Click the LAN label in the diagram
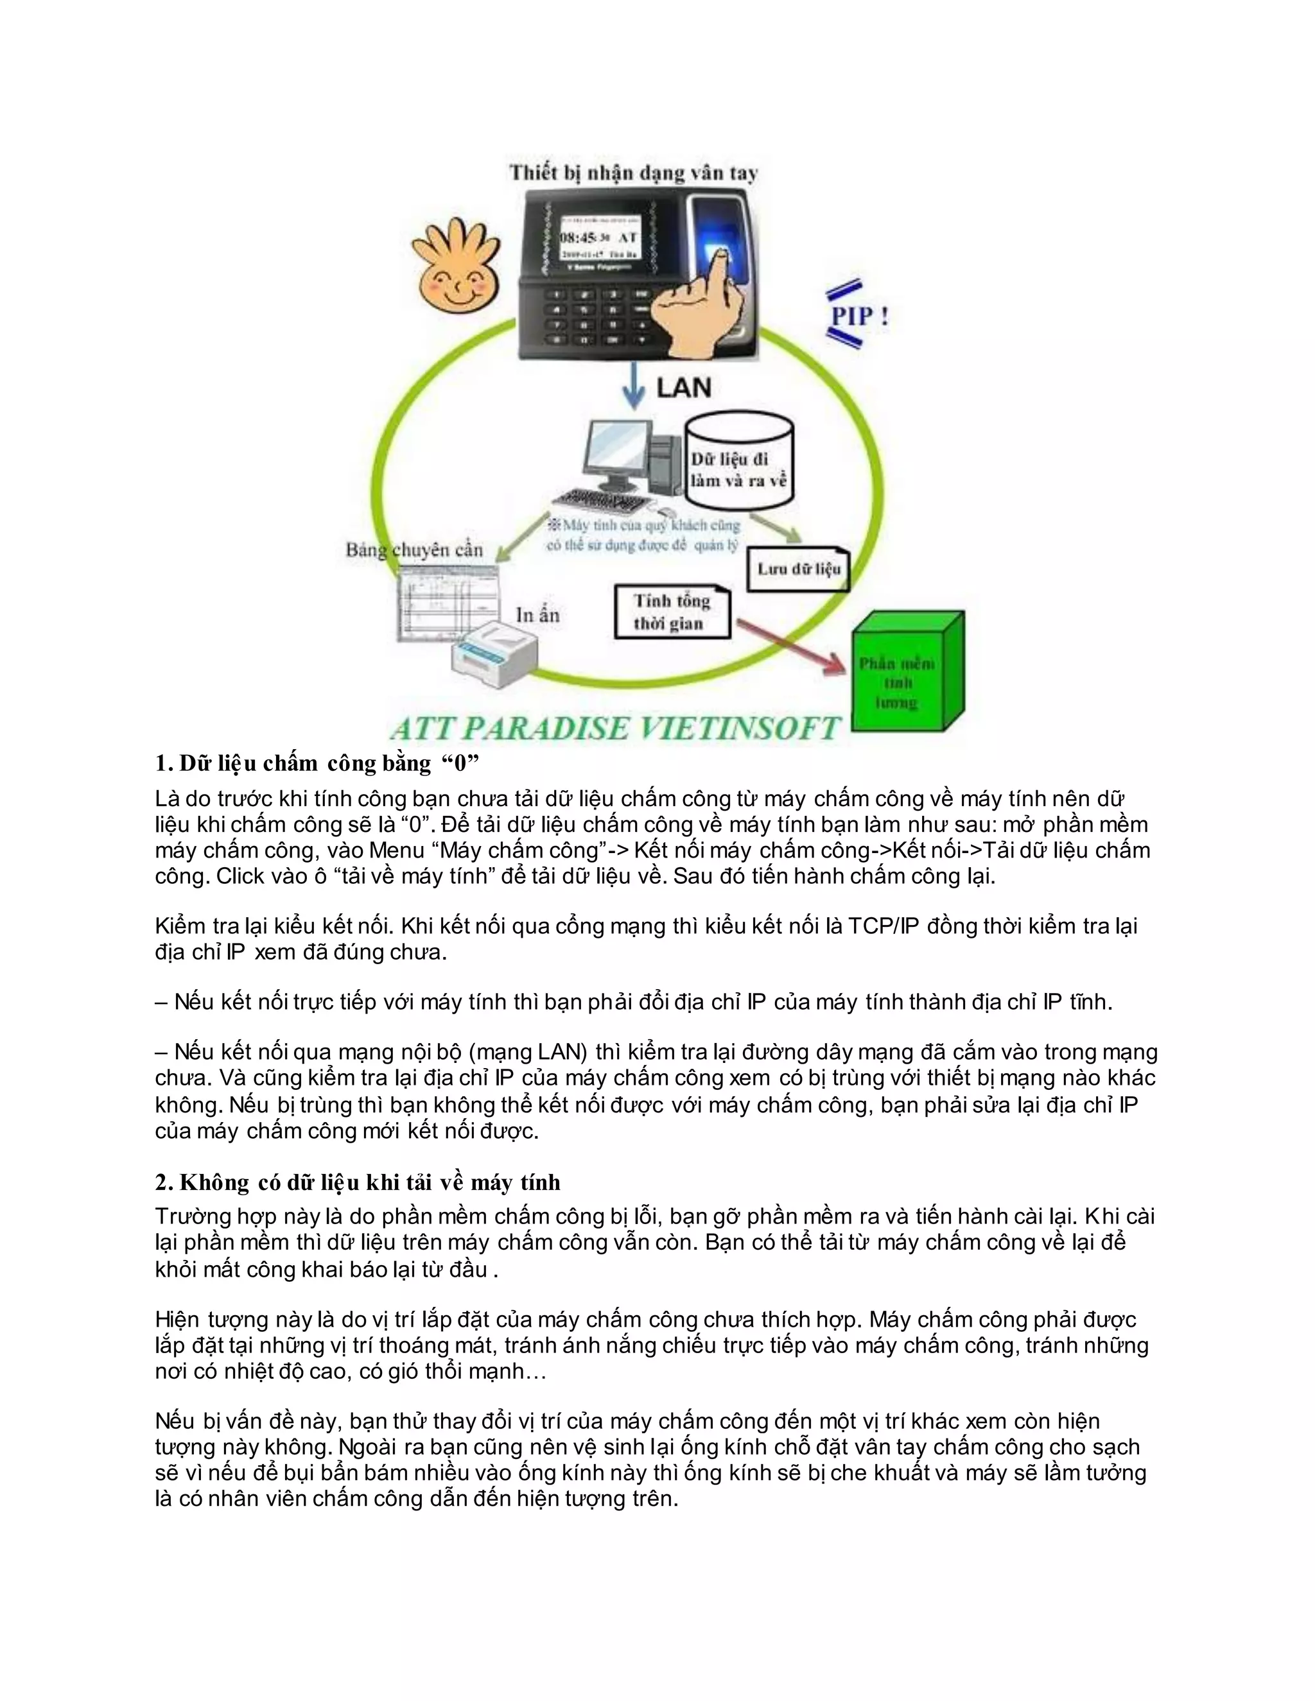(683, 387)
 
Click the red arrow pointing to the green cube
(790, 646)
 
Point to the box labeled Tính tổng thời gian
(672, 612)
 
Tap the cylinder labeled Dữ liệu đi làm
(738, 463)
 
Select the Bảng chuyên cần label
(414, 550)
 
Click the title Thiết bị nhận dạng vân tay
(632, 173)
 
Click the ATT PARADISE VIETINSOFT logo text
(615, 729)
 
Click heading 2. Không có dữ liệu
(358, 1182)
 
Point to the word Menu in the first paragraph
(397, 850)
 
